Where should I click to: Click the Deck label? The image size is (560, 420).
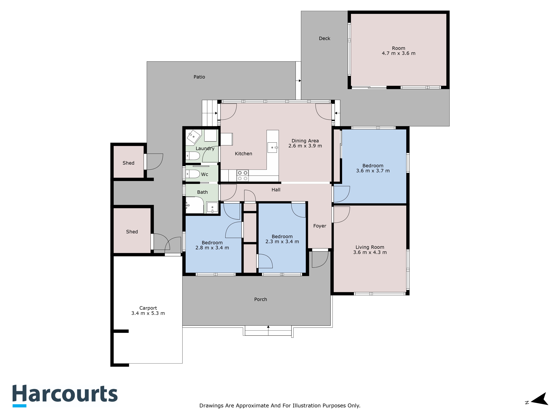325,39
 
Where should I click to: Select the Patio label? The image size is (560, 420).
199,77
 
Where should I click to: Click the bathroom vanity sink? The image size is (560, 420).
212,208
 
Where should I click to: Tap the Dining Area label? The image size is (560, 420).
305,141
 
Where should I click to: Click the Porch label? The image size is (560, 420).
261,299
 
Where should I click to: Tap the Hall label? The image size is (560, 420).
276,190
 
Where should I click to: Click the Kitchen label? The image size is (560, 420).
244,154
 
